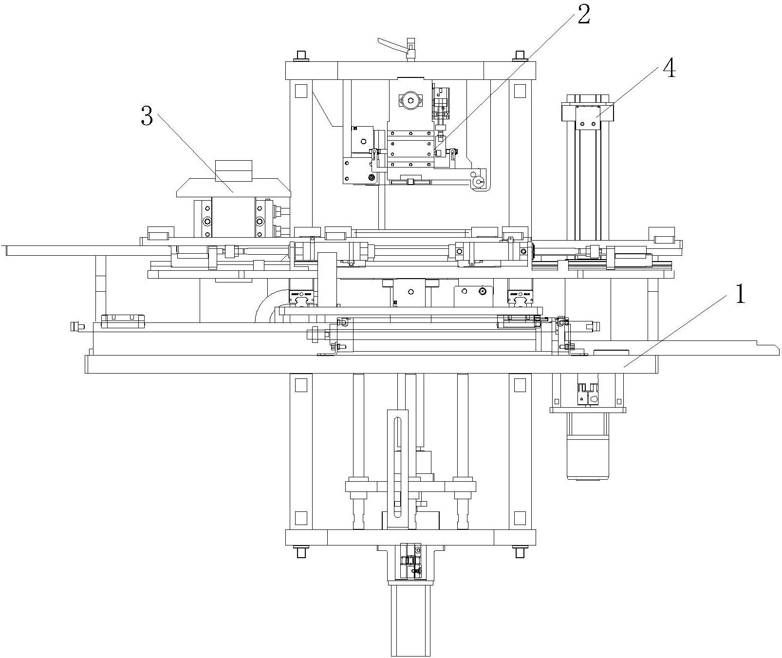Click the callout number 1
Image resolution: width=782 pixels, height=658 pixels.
point(740,294)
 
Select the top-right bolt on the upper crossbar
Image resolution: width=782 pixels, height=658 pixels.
point(519,56)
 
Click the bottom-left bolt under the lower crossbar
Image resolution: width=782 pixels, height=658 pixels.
point(300,552)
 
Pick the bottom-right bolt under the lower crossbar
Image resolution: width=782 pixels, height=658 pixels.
point(520,552)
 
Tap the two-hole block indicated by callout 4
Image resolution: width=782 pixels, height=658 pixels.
point(588,119)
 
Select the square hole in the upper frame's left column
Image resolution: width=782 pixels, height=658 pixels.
point(301,91)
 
